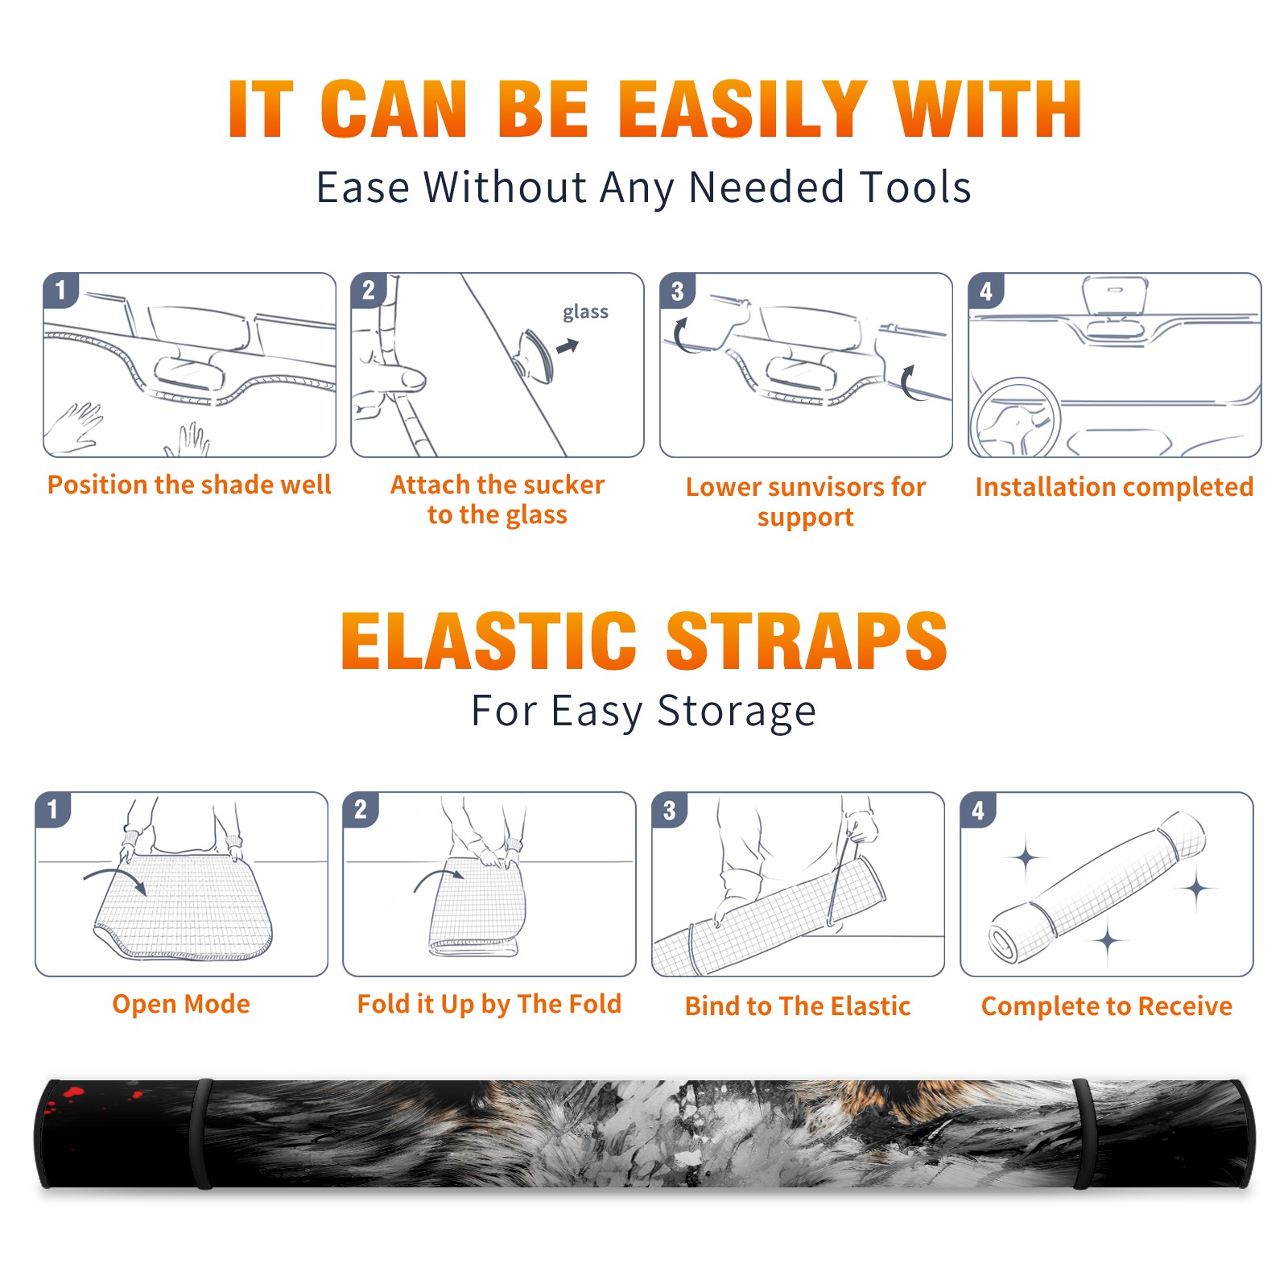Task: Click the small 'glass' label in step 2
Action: (x=585, y=312)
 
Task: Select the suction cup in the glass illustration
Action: (x=535, y=355)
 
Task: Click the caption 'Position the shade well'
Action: (x=189, y=485)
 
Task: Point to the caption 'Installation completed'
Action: (x=1114, y=486)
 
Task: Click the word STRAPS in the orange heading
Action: (x=807, y=641)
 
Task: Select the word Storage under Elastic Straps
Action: (x=737, y=712)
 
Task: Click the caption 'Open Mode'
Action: (x=181, y=1004)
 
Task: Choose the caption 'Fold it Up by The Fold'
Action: (x=489, y=1004)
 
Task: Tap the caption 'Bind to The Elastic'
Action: (x=798, y=1006)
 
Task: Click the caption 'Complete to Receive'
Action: (x=1107, y=1006)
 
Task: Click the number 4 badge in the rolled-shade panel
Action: (x=978, y=810)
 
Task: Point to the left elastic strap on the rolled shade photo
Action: (x=201, y=1133)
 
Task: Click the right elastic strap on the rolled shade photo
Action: (x=1085, y=1133)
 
